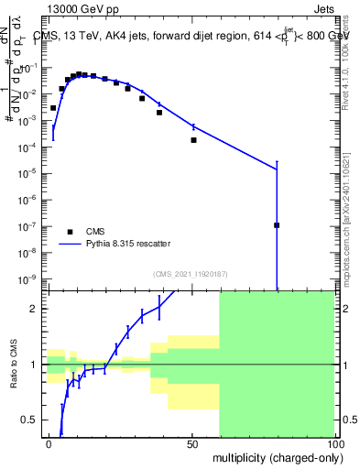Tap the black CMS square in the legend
pyautogui.click(x=70, y=232)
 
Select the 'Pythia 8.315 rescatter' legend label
pyautogui.click(x=133, y=245)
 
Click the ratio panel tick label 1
pyautogui.click(x=34, y=365)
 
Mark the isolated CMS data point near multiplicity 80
pyautogui.click(x=277, y=224)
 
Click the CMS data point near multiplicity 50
pyautogui.click(x=193, y=140)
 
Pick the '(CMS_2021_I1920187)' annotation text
pyautogui.click(x=191, y=273)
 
